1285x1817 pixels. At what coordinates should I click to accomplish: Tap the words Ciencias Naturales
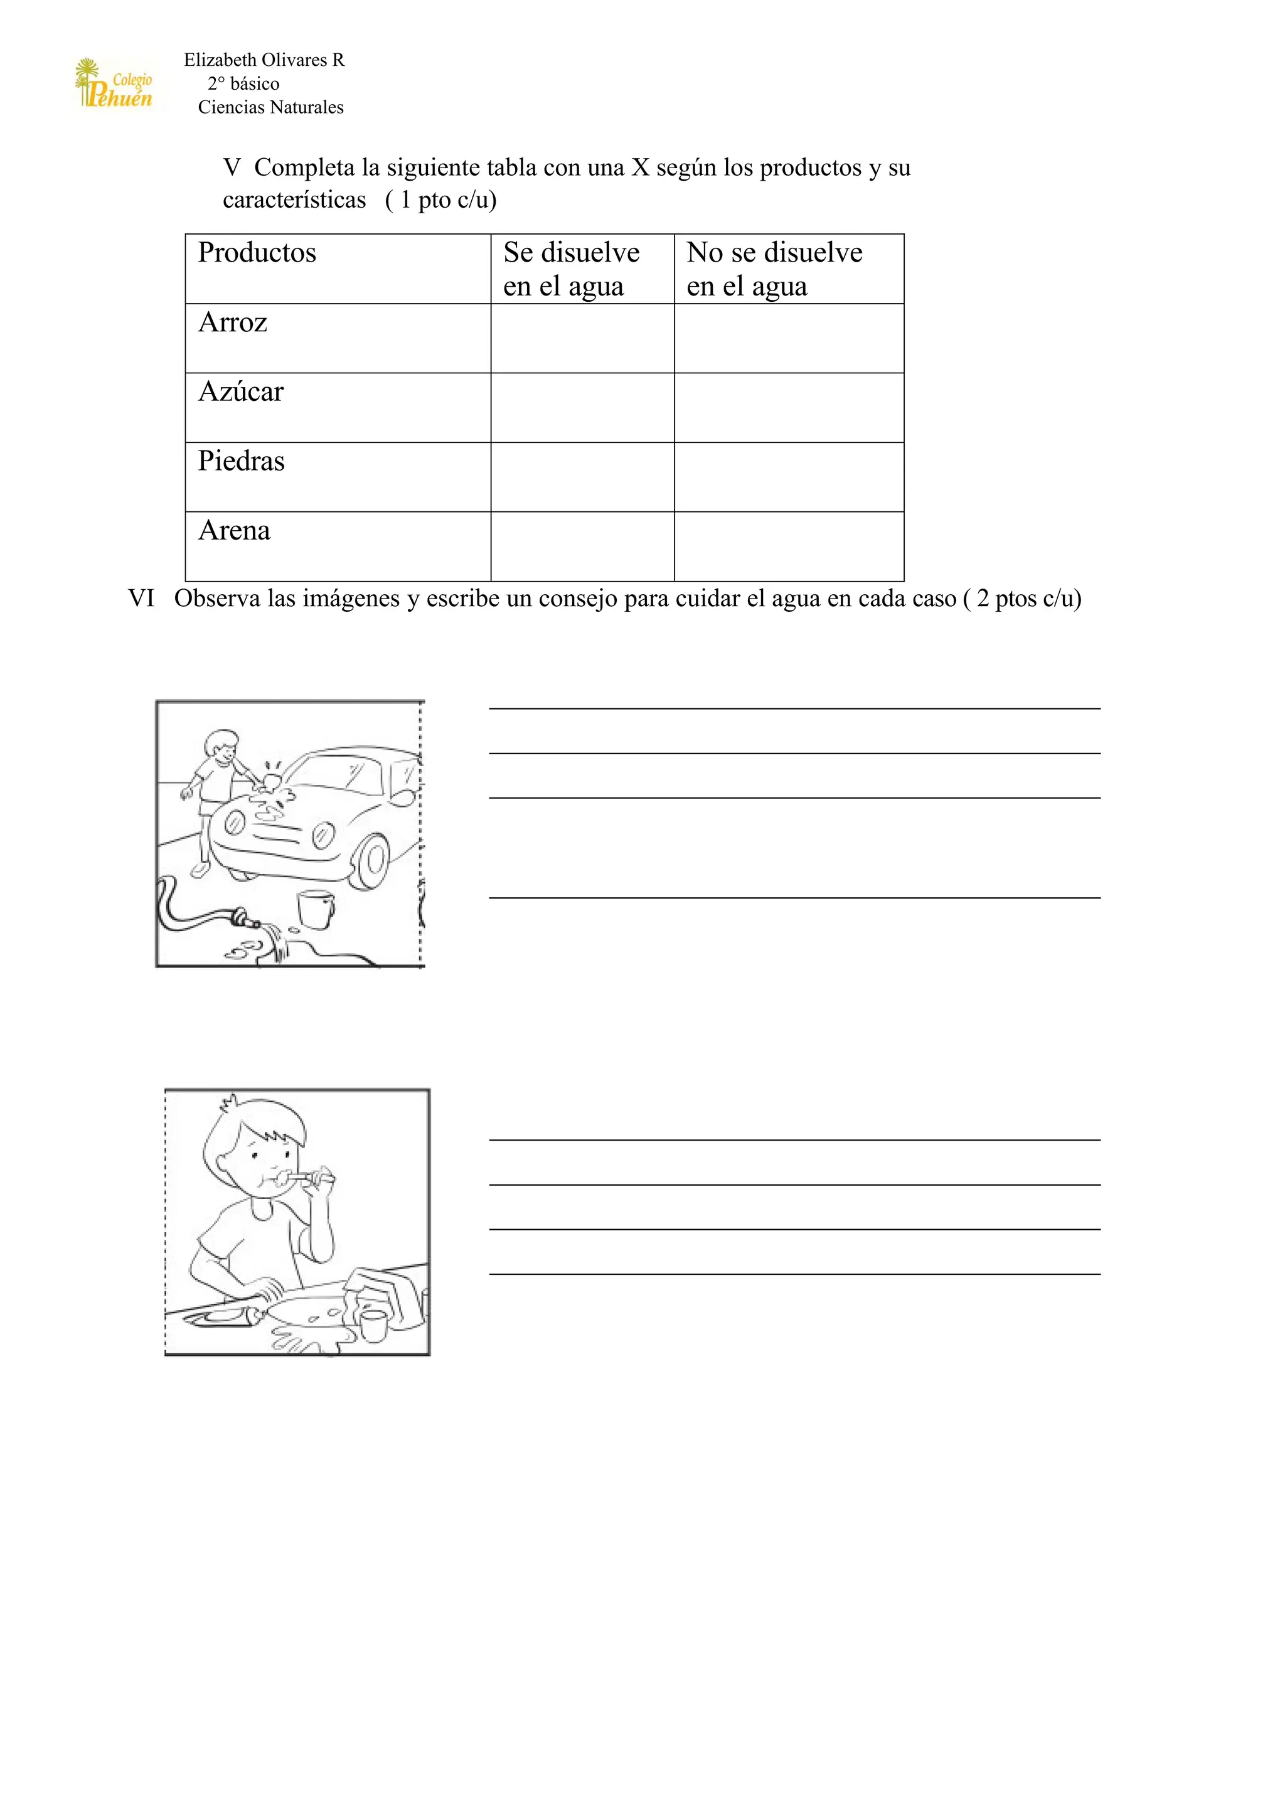pyautogui.click(x=270, y=108)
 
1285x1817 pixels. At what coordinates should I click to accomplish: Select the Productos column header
pyautogui.click(x=257, y=252)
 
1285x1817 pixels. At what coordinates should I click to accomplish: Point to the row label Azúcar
pyautogui.click(x=240, y=392)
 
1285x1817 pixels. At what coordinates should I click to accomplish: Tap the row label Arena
pyautogui.click(x=234, y=530)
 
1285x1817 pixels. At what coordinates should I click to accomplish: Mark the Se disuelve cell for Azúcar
pyautogui.click(x=582, y=408)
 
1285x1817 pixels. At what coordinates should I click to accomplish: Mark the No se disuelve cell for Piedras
pyautogui.click(x=789, y=477)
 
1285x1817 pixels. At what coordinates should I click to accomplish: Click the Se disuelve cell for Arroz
pyautogui.click(x=582, y=338)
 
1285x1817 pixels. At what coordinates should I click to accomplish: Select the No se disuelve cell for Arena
pyautogui.click(x=789, y=547)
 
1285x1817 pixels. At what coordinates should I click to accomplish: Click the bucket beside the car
pyautogui.click(x=316, y=908)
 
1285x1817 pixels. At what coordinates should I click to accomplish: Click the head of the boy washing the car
pyautogui.click(x=221, y=745)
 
